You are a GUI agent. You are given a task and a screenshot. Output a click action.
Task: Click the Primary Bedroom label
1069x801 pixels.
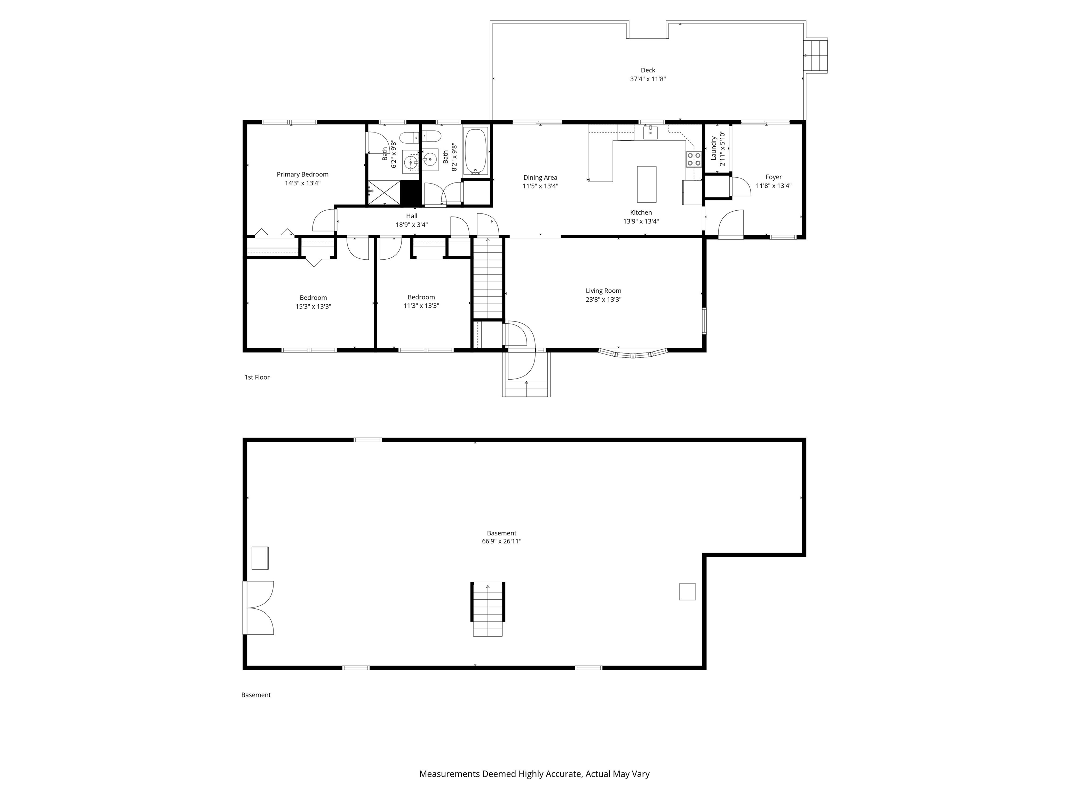pos(302,174)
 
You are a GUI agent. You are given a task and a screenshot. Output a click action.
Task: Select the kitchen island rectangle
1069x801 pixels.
pos(647,184)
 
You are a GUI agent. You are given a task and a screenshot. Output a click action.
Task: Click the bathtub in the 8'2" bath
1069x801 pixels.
pos(476,151)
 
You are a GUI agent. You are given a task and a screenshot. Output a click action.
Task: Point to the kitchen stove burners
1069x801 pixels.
pos(694,159)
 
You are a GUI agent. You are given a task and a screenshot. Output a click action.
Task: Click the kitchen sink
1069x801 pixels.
pos(650,131)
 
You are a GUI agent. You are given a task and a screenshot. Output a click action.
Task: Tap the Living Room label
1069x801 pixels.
pos(603,291)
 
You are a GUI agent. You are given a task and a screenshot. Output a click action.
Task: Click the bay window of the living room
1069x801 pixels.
pos(633,354)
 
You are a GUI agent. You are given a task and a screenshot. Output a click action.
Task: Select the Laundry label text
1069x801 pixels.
pos(713,148)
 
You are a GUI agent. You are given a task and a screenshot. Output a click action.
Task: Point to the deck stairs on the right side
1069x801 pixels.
pos(815,56)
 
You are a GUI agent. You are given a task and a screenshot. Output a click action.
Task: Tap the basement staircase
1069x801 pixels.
pos(488,609)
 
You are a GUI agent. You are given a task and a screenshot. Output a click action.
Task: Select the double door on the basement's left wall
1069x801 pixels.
pos(259,607)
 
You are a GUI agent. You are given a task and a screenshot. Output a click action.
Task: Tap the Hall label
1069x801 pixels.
pos(411,216)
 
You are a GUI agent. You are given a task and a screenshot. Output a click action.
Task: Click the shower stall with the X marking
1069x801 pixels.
pos(384,192)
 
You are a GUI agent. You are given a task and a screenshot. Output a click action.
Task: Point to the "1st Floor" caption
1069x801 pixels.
pos(256,377)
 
